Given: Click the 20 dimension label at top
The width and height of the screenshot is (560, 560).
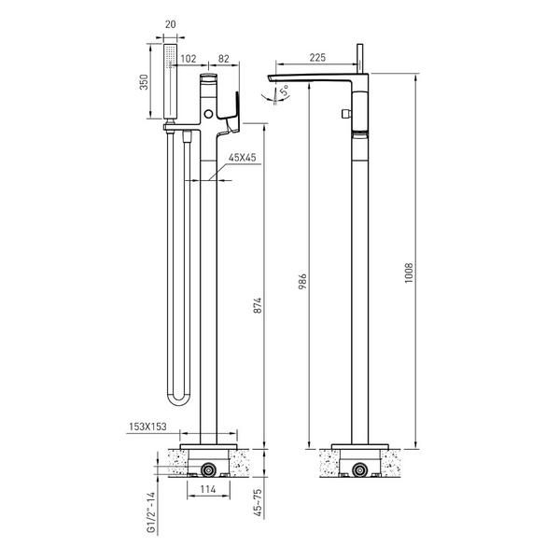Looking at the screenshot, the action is pyautogui.click(x=171, y=24).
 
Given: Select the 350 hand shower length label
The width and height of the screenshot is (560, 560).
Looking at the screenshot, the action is pyautogui.click(x=143, y=82).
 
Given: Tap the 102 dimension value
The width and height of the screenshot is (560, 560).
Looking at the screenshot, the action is pyautogui.click(x=189, y=58).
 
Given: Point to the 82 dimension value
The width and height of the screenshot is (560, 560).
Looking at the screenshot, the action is pyautogui.click(x=224, y=58).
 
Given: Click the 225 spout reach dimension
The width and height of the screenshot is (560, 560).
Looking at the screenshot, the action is pyautogui.click(x=317, y=57).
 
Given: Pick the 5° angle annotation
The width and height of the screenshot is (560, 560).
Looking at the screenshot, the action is pyautogui.click(x=286, y=91).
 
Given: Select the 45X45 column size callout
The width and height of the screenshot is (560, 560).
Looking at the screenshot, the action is pyautogui.click(x=243, y=158).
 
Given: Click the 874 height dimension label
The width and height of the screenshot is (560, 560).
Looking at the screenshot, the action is pyautogui.click(x=258, y=305).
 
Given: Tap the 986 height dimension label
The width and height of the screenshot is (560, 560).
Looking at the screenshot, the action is pyautogui.click(x=302, y=281).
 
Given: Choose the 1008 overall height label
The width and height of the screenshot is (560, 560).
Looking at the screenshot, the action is pyautogui.click(x=409, y=273).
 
